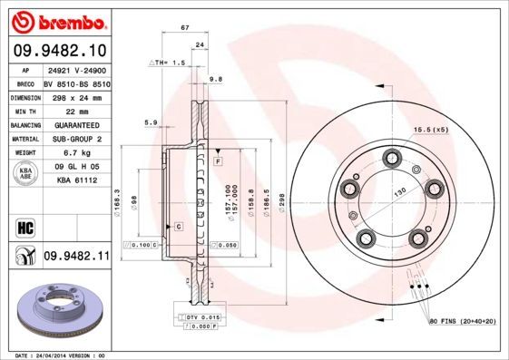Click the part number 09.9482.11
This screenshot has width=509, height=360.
point(76,257)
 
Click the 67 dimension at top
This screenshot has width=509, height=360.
point(185,29)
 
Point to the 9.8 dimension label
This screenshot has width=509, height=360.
point(216,79)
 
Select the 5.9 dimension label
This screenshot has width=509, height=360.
point(152,122)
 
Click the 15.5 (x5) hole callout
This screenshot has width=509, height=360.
point(431,130)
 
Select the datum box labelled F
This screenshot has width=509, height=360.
point(219,161)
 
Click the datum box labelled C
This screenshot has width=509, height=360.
point(179,225)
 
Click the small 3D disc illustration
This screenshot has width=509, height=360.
point(55,310)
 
